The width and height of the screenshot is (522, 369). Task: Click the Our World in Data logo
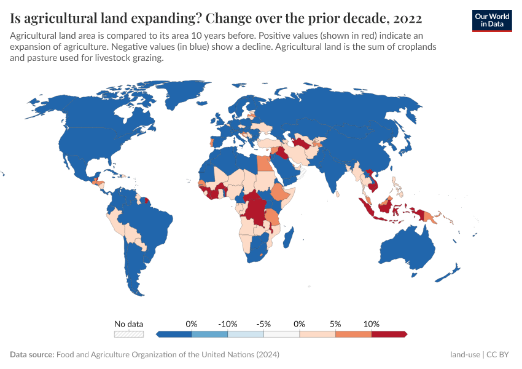click(491, 20)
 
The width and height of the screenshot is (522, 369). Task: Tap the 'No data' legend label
click(128, 323)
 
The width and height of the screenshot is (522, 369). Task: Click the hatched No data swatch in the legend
click(128, 334)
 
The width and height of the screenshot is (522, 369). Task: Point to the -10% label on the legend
click(228, 323)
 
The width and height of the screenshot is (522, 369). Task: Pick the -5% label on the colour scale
click(263, 323)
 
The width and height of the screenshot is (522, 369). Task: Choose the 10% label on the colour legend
click(372, 323)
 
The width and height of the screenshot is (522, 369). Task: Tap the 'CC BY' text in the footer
click(499, 355)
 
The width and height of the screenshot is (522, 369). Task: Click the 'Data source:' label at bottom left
click(32, 355)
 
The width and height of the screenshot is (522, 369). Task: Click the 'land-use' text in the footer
click(465, 355)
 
